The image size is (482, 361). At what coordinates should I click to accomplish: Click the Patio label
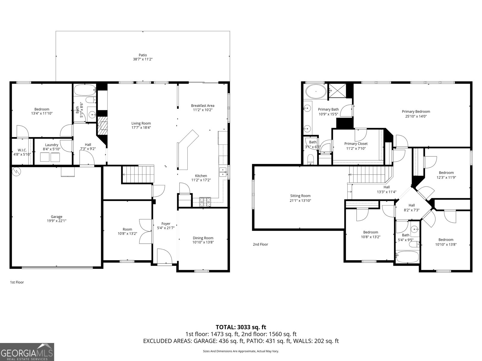[143, 55]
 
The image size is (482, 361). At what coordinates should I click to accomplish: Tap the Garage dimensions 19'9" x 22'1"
[57, 221]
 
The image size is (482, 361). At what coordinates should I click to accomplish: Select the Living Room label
[141, 123]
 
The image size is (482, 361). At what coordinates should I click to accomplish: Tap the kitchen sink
[223, 172]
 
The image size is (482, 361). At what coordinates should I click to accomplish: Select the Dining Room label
[203, 238]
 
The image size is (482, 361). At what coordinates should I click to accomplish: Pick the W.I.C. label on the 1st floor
[22, 150]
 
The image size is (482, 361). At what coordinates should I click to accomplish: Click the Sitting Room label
[300, 196]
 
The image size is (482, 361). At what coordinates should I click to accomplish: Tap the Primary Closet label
[356, 144]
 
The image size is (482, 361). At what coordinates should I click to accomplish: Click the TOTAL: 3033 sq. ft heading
[241, 327]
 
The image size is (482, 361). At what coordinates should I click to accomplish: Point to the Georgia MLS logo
[27, 352]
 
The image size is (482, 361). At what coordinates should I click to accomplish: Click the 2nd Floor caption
[260, 245]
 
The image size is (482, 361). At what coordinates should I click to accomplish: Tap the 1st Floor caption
[17, 282]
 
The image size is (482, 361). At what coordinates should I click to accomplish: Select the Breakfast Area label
[203, 106]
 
